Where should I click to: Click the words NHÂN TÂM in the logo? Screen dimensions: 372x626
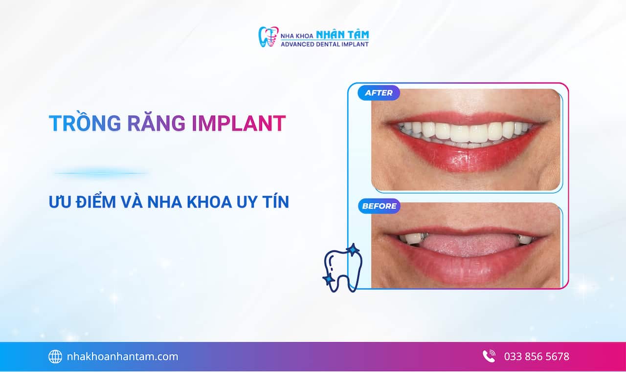(342, 35)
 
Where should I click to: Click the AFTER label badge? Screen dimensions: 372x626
(379, 93)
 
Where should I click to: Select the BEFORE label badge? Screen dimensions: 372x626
(379, 206)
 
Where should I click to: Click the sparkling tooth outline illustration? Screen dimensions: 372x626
(342, 269)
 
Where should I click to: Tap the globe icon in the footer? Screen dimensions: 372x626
(55, 357)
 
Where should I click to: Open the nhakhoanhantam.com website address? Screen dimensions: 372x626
(122, 357)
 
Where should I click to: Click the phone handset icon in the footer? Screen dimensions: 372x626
(489, 356)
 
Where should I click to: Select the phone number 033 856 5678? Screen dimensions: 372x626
(537, 357)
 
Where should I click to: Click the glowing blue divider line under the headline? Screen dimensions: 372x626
(101, 173)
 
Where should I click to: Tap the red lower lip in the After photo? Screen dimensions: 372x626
(465, 156)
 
